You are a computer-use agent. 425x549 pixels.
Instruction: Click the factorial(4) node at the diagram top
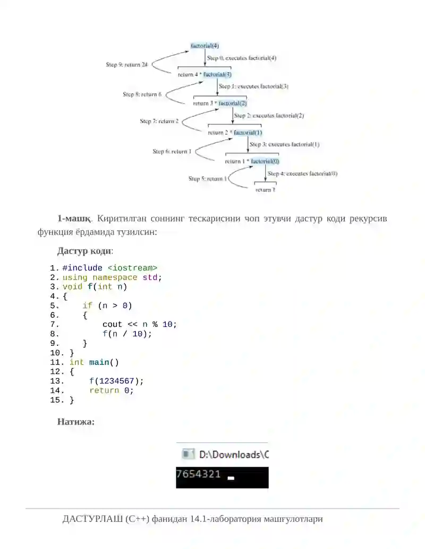(x=205, y=46)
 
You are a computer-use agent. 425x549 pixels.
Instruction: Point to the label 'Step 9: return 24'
(x=126, y=64)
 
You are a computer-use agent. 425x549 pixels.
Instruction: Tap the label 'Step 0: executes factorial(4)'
(x=242, y=58)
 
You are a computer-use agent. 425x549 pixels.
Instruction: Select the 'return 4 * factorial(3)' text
(x=205, y=74)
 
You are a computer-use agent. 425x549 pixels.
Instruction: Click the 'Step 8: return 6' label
(x=142, y=94)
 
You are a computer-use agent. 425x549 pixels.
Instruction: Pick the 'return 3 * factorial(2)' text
(x=220, y=103)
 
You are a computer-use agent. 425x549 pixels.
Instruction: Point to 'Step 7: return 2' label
(x=159, y=121)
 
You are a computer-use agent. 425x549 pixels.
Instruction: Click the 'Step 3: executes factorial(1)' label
(x=284, y=144)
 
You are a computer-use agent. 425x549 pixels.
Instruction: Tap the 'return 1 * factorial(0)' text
(x=252, y=161)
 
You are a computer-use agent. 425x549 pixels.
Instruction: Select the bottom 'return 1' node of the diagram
(x=266, y=190)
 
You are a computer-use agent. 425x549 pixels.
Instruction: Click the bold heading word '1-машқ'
(x=74, y=219)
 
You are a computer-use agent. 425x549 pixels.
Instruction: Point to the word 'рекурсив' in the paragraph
(x=368, y=219)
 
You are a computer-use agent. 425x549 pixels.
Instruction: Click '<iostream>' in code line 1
(x=132, y=268)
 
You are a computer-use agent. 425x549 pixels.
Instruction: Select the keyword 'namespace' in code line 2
(x=115, y=277)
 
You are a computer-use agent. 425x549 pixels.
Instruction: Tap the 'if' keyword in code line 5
(x=87, y=306)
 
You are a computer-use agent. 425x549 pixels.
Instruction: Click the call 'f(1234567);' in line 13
(x=116, y=381)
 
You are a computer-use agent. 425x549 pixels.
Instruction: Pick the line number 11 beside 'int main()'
(x=56, y=362)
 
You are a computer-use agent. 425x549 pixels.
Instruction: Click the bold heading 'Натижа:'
(x=76, y=422)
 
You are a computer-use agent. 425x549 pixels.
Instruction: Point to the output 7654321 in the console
(x=199, y=474)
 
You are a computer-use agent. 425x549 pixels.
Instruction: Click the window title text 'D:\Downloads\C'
(x=234, y=455)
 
